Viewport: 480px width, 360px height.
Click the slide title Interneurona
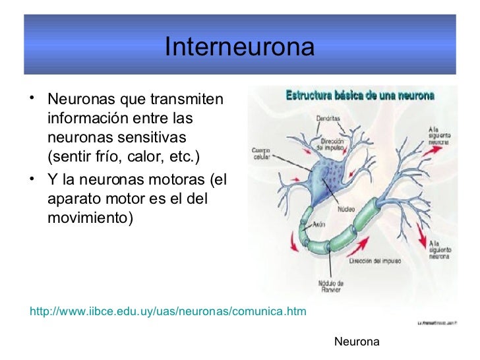click(x=239, y=47)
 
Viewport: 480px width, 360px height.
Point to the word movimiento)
click(x=90, y=216)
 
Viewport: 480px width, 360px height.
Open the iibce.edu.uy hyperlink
click(x=168, y=311)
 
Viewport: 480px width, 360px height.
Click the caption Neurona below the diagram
click(x=357, y=342)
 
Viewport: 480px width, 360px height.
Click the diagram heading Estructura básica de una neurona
click(x=359, y=96)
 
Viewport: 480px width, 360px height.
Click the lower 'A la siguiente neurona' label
click(x=440, y=248)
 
